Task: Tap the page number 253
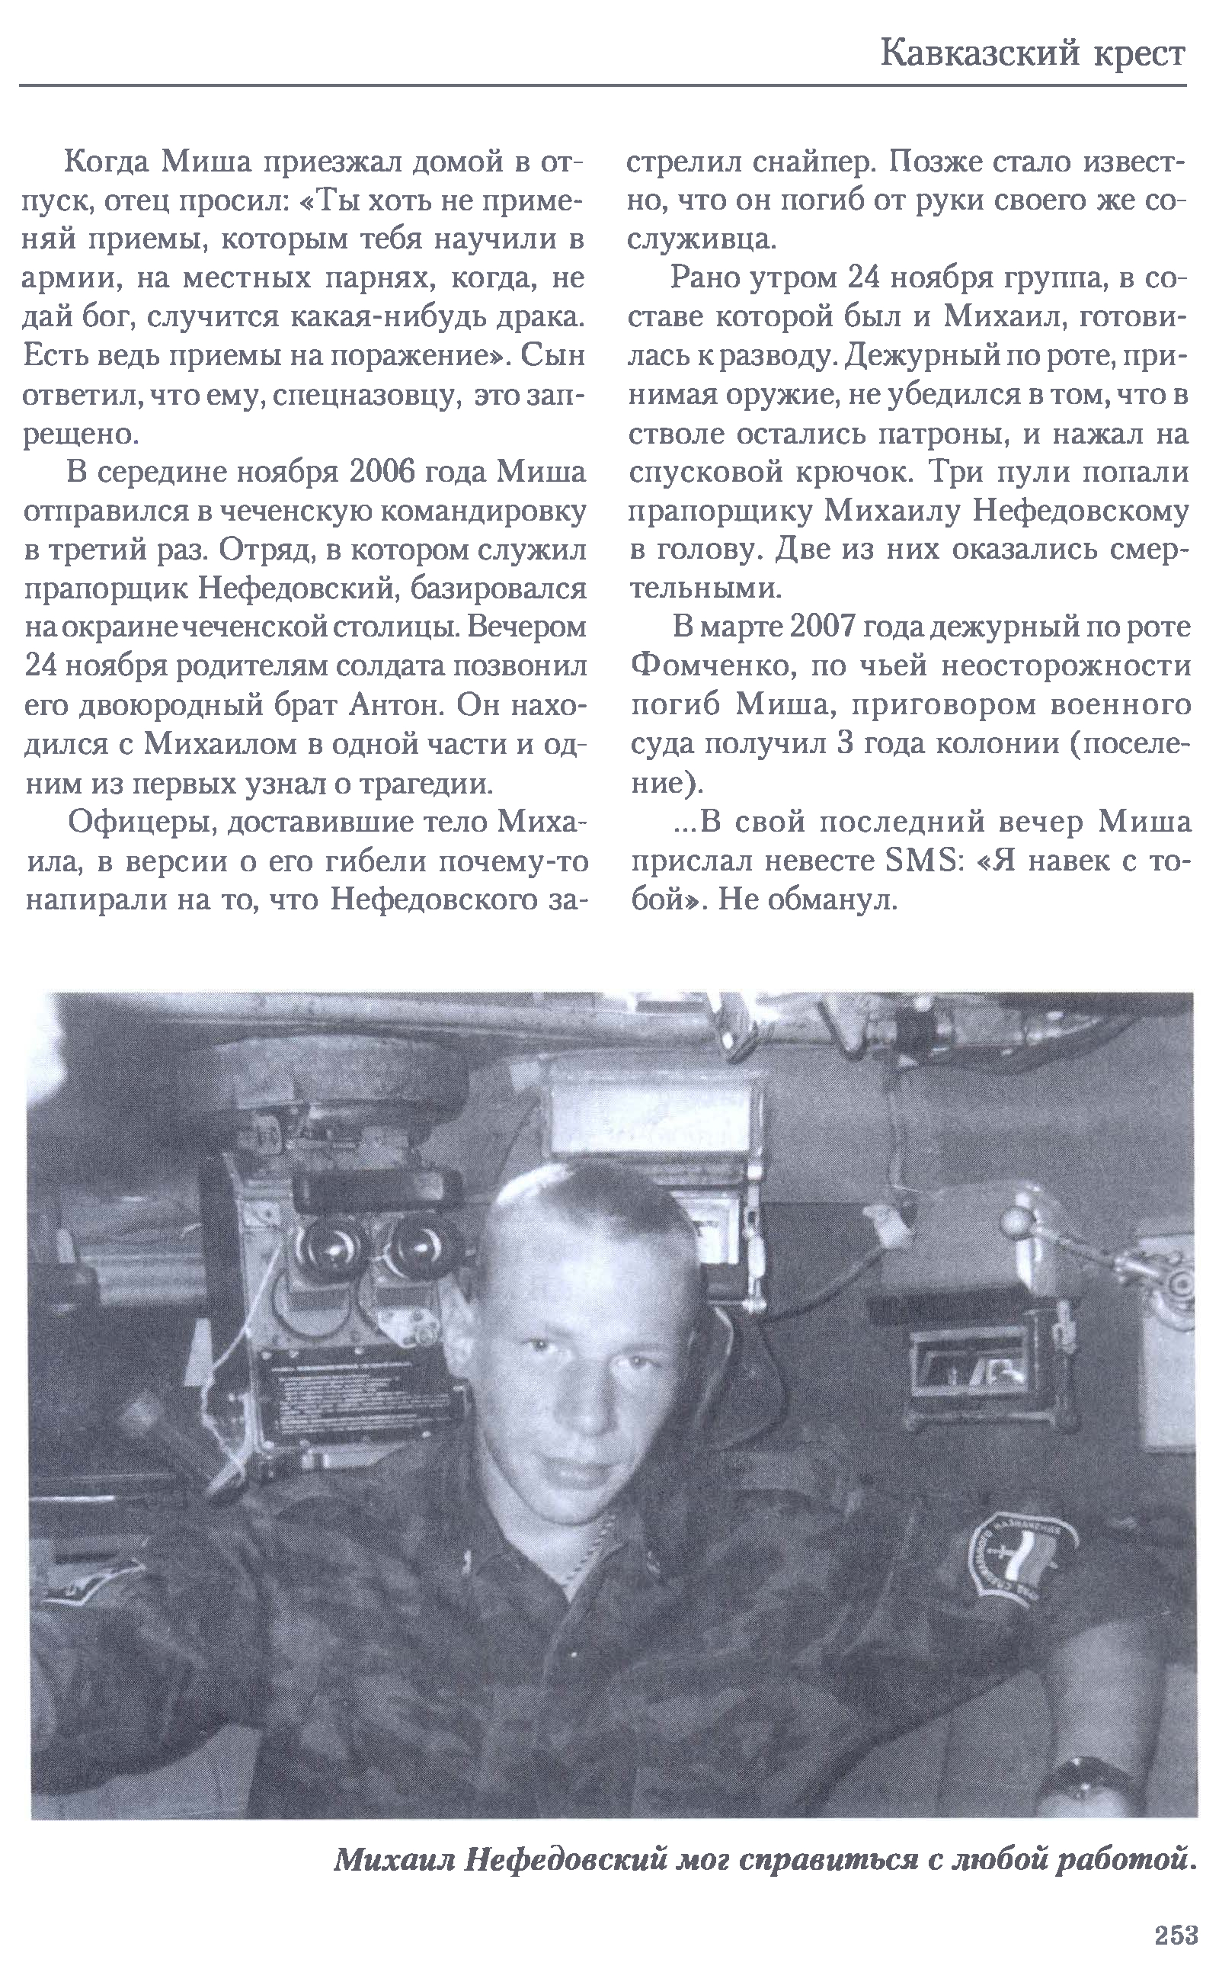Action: (x=1176, y=1935)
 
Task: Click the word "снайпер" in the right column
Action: (x=815, y=164)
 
